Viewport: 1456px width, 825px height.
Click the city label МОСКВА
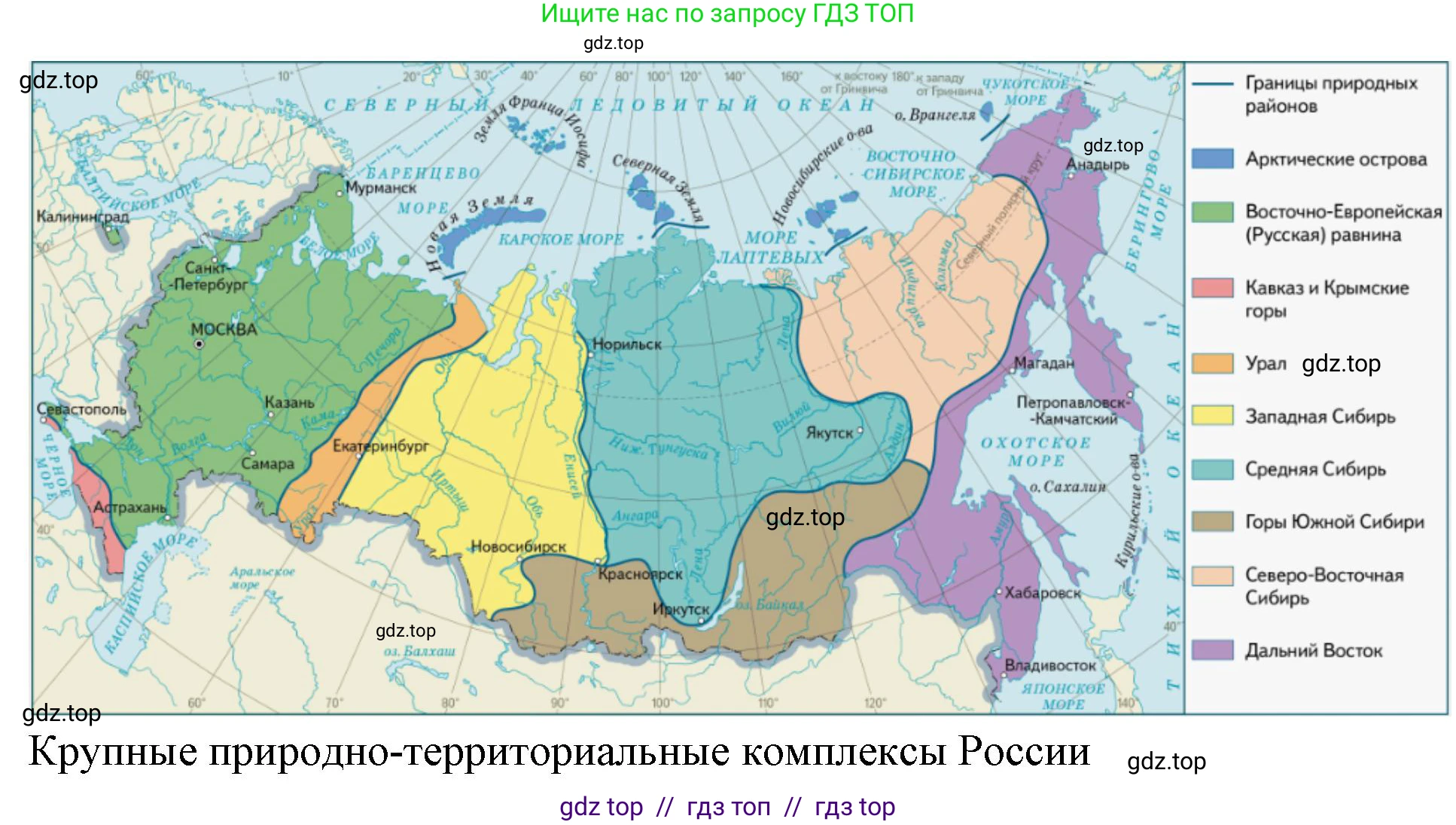[x=224, y=329]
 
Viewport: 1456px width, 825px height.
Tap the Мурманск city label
[x=380, y=188]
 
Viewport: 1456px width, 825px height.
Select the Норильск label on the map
[x=626, y=344]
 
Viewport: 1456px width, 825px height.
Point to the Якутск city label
[x=829, y=433]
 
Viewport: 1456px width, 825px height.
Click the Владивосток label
[x=1049, y=666]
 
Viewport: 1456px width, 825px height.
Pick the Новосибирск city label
[x=518, y=547]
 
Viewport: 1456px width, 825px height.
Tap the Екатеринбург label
[x=380, y=446]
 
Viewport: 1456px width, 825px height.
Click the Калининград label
[x=83, y=217]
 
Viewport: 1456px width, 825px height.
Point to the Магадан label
[x=1043, y=363]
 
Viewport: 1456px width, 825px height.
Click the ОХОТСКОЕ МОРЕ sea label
[x=1036, y=451]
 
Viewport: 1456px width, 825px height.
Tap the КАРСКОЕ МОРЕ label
[x=561, y=240]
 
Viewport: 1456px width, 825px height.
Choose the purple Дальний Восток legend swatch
[x=1212, y=650]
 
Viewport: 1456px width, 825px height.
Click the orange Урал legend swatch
[x=1212, y=363]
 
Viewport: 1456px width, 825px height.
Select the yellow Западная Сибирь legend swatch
[x=1212, y=416]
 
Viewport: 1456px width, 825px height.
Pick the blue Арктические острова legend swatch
[x=1212, y=159]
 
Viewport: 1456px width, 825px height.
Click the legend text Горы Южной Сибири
[x=1334, y=522]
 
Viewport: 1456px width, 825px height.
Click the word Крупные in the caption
[x=113, y=752]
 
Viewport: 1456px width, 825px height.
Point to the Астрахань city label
[x=129, y=507]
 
